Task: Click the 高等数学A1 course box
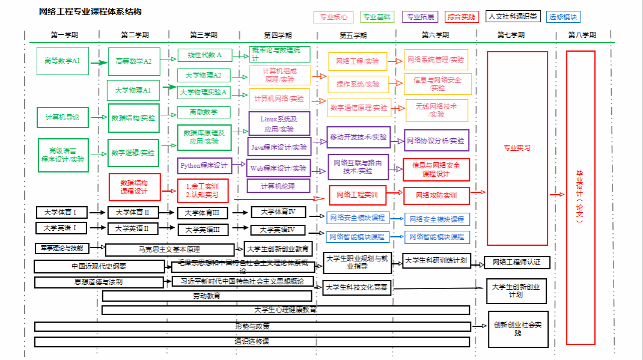(62, 61)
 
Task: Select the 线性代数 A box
(205, 55)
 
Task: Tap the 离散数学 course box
(204, 112)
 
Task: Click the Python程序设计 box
(204, 165)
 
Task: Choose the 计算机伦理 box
(278, 186)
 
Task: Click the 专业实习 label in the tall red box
(517, 148)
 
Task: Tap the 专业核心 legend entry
(334, 17)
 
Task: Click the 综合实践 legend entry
(461, 17)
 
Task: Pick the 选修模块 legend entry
(563, 17)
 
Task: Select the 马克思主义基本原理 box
(169, 249)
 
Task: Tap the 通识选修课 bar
(252, 341)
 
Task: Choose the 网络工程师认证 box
(517, 262)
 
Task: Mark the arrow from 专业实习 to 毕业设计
(557, 194)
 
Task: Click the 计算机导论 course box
(62, 118)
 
